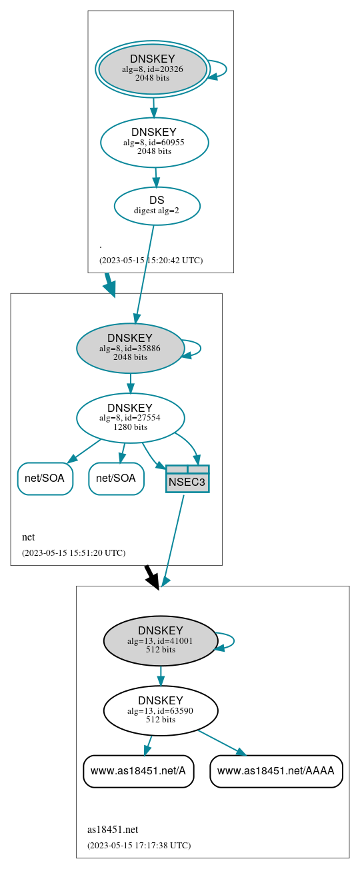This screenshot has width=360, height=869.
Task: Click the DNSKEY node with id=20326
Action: tap(153, 69)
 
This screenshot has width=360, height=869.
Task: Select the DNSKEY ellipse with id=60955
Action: tap(155, 142)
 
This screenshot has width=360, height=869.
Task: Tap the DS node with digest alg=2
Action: tap(157, 206)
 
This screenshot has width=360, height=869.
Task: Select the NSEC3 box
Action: tap(187, 479)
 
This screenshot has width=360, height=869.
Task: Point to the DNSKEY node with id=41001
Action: tap(161, 640)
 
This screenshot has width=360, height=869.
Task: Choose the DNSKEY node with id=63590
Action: tap(161, 710)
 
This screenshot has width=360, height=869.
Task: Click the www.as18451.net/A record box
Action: tap(138, 771)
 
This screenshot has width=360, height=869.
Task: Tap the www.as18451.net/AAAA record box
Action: tap(276, 771)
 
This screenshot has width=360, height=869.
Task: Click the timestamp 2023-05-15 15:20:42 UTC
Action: tap(151, 261)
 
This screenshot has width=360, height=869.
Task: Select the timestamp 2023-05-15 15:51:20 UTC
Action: tap(73, 553)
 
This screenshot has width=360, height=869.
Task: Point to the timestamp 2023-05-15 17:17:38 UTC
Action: tap(139, 846)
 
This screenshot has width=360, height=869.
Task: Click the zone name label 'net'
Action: tap(29, 537)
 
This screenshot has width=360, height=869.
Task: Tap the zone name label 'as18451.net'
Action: tap(113, 830)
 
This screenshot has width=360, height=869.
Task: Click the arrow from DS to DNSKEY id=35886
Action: tap(145, 273)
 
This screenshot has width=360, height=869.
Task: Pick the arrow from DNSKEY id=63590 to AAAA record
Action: tap(221, 742)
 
